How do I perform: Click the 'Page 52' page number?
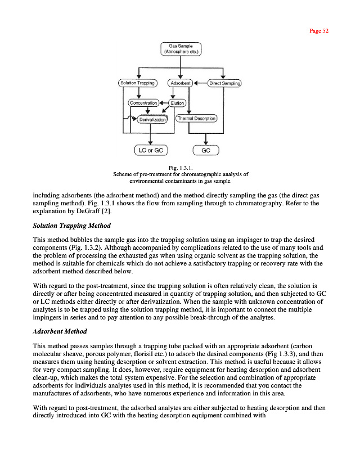click(x=319, y=31)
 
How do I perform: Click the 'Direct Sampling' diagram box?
click(x=224, y=84)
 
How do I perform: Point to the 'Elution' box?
click(x=177, y=103)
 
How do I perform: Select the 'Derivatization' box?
click(x=152, y=119)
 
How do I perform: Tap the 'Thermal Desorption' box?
click(x=196, y=119)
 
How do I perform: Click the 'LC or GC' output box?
click(x=151, y=150)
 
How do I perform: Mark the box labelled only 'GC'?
click(x=205, y=151)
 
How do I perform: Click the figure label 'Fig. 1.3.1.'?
click(x=181, y=168)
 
